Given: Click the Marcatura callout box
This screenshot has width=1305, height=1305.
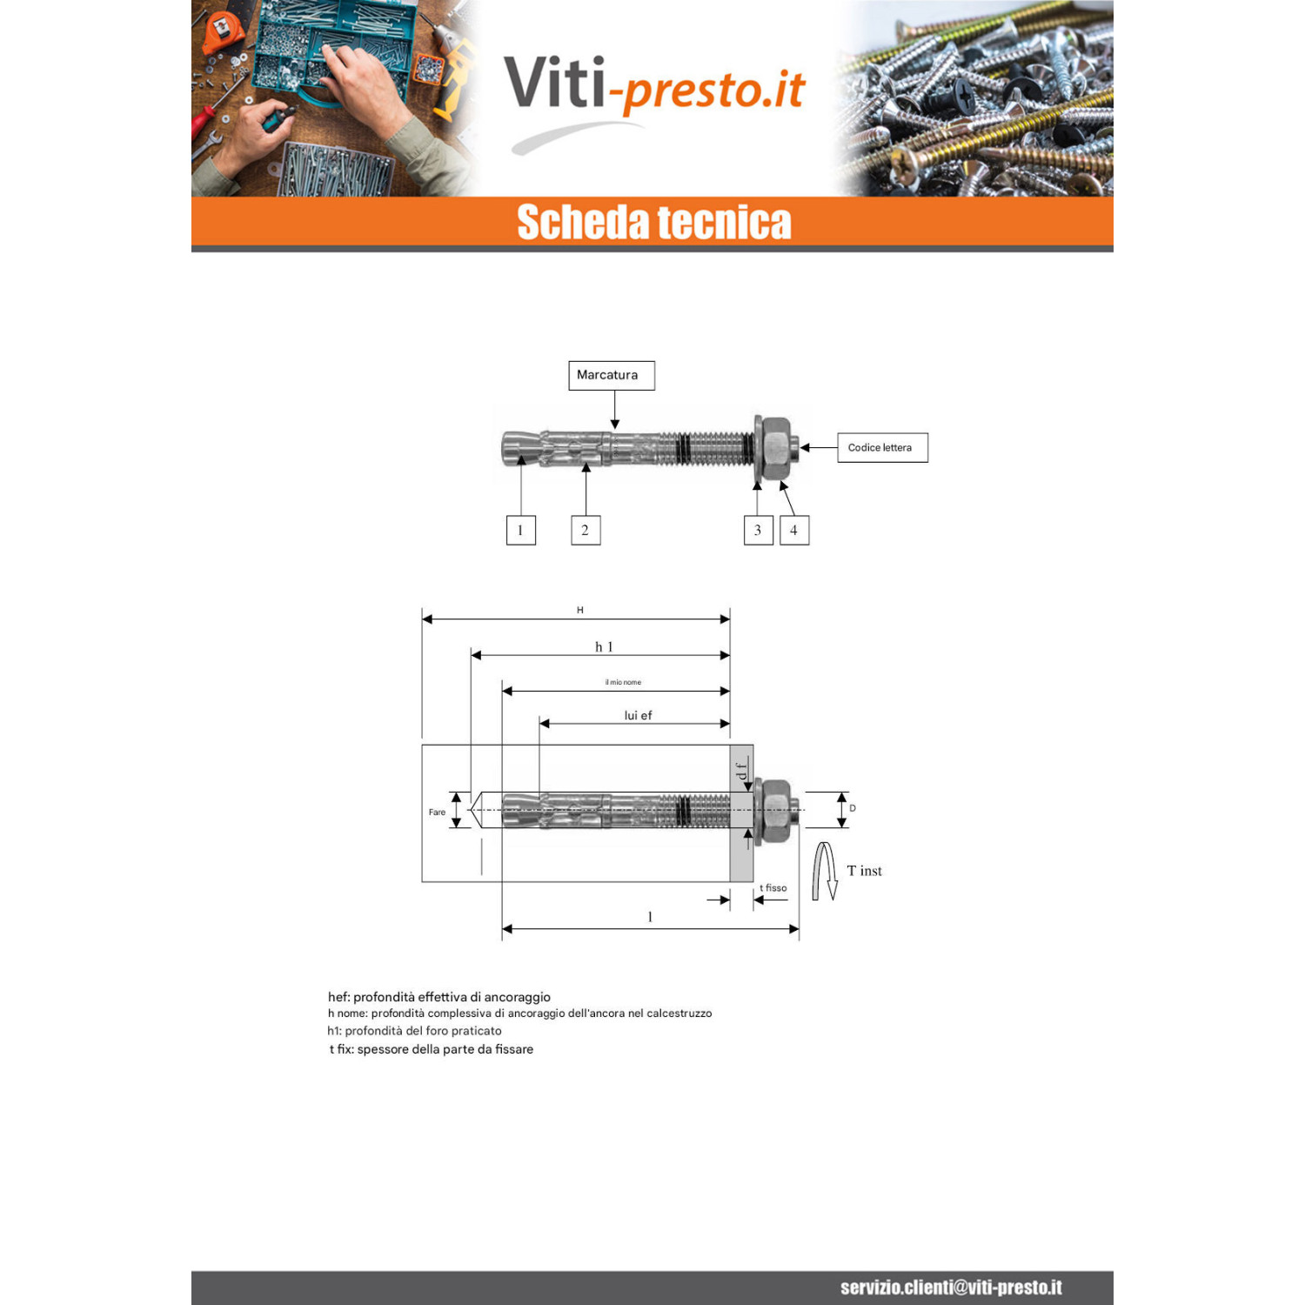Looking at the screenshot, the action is (612, 376).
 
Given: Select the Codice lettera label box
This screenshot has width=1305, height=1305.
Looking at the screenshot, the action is (882, 447).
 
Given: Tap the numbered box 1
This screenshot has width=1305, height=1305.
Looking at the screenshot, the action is (521, 530).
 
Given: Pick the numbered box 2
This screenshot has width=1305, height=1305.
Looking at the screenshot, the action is (586, 530).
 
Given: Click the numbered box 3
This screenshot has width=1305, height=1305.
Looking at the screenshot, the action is (759, 530).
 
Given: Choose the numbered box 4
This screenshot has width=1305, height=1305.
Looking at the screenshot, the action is (794, 530).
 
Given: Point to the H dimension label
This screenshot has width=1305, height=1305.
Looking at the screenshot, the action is (580, 610).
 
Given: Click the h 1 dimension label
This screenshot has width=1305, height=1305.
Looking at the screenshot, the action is (604, 646).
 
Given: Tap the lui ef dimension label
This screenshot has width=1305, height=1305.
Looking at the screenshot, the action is (638, 715).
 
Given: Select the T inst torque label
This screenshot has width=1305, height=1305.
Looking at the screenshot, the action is (864, 871).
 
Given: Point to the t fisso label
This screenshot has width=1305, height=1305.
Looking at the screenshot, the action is (773, 888).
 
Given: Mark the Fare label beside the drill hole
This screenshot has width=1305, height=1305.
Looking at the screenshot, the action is (437, 813).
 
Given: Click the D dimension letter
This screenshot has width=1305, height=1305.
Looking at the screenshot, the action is (853, 808).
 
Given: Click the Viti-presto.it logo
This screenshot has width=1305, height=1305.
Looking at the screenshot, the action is (654, 96).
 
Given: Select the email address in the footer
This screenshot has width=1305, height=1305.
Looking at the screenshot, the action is (951, 1288).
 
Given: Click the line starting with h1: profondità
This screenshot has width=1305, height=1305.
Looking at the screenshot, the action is (415, 1031).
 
